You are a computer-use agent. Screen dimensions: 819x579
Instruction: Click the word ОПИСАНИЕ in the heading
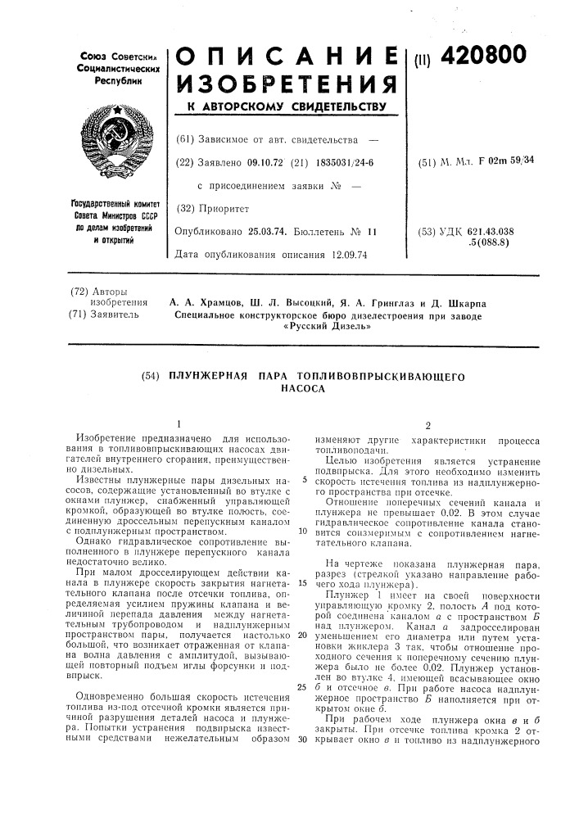click(x=287, y=55)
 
